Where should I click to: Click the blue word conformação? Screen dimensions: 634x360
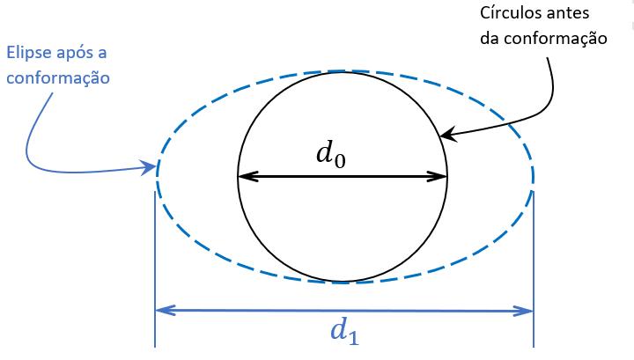tap(58, 77)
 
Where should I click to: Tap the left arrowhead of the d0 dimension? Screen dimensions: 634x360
tap(244, 176)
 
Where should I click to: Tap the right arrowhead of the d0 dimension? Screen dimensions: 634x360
tap(441, 176)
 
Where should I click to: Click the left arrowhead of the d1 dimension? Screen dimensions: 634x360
tap(161, 310)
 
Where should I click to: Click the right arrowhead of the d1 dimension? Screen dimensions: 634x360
tap(527, 310)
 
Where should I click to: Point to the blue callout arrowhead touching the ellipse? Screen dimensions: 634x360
tap(151, 165)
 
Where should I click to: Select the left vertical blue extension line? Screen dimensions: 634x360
tap(155, 264)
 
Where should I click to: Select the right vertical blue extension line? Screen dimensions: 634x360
tap(534, 264)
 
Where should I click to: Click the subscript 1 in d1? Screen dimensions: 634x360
tap(352, 337)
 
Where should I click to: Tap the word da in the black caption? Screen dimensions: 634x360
tap(490, 38)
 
